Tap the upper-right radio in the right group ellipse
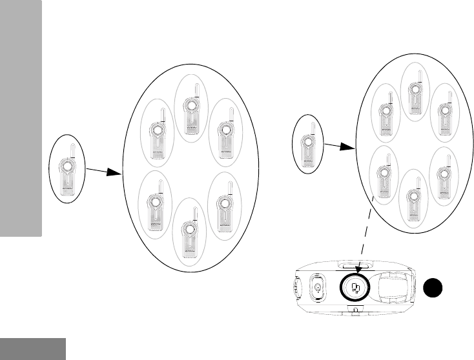(444, 114)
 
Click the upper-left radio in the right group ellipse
(385, 114)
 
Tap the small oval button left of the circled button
(318, 286)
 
